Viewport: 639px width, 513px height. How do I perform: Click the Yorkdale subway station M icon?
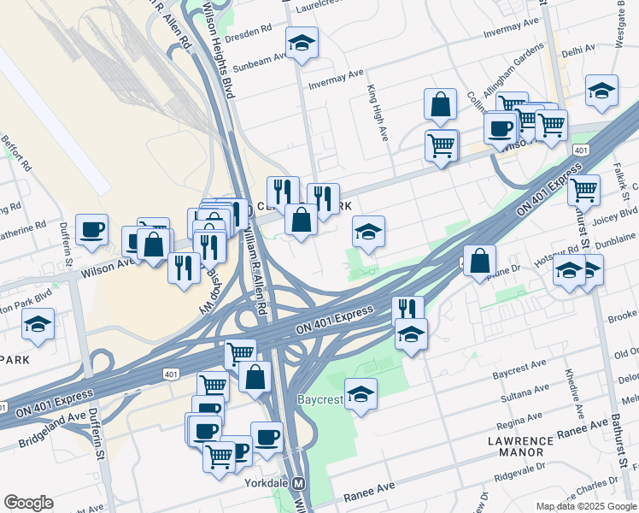(299, 483)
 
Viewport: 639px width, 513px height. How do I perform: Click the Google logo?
(28, 503)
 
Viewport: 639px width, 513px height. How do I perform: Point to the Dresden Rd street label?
(248, 30)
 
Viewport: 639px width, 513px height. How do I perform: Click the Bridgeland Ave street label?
(51, 430)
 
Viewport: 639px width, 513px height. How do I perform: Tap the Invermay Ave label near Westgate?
(509, 32)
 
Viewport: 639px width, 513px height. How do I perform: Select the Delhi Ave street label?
(577, 52)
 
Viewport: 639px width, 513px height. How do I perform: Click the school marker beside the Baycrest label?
(361, 394)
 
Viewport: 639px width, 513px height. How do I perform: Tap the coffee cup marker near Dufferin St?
(91, 230)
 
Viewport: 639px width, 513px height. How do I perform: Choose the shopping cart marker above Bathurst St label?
(583, 189)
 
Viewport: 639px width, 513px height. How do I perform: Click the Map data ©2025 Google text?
(585, 505)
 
